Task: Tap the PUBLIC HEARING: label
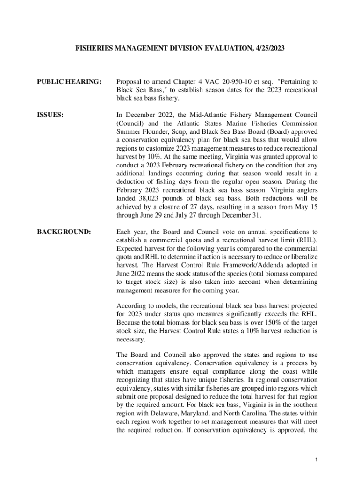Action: [x=69, y=82]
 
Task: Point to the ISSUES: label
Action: [x=50, y=115]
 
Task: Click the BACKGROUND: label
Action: [x=64, y=232]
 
